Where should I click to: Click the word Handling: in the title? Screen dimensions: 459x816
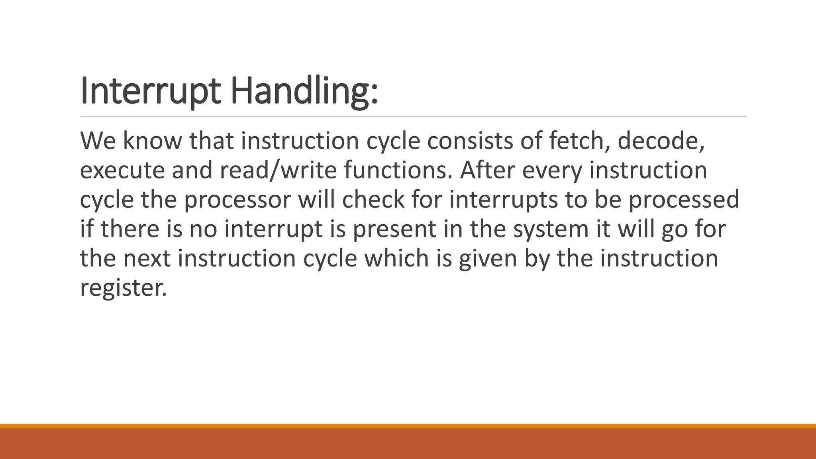coord(304,91)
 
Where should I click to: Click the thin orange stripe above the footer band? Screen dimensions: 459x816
coord(408,426)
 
